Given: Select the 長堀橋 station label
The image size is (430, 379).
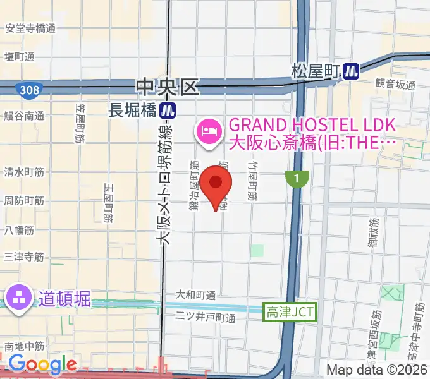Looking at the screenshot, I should click(x=132, y=110).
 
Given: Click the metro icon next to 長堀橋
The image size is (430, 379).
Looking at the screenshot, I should click(x=168, y=110).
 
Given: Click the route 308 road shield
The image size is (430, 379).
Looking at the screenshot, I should click(x=27, y=91).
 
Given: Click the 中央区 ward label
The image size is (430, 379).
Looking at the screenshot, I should click(x=169, y=87).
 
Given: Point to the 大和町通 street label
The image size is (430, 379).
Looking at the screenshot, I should click(x=195, y=295).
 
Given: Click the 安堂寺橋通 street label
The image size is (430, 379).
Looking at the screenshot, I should click(x=30, y=28).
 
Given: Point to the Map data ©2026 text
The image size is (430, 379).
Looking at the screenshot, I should click(x=378, y=370).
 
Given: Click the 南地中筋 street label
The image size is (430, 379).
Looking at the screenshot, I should click(x=24, y=346).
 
